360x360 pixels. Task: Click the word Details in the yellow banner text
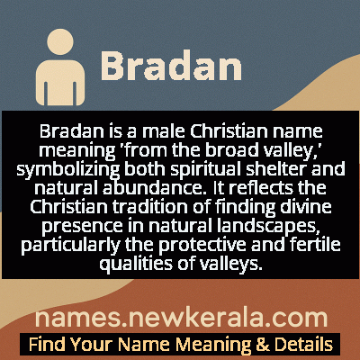coord(301,345)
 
